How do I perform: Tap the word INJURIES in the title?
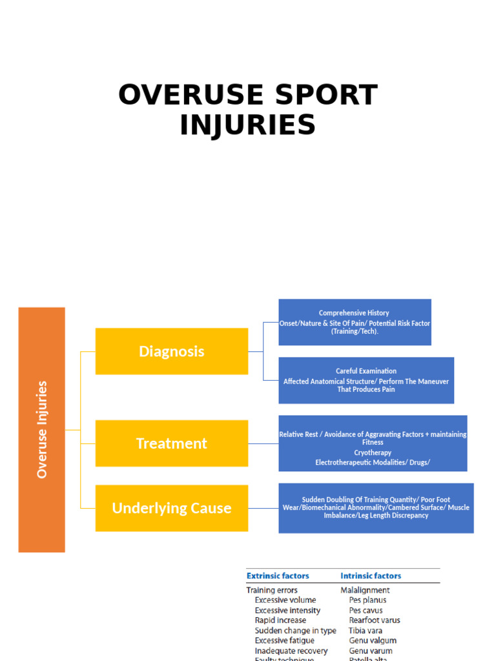(x=248, y=125)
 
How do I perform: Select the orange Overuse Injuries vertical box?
(x=42, y=429)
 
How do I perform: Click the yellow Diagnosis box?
(x=171, y=351)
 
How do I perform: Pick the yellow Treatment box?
(x=171, y=443)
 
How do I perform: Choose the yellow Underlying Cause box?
(x=171, y=508)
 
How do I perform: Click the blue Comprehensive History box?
(x=355, y=322)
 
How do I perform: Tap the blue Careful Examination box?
(x=366, y=380)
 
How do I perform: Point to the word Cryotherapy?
(x=373, y=453)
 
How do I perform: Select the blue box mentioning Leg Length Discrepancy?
(x=376, y=508)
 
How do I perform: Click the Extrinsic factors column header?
(x=278, y=576)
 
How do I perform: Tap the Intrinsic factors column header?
(x=371, y=576)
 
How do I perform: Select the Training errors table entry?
(x=272, y=590)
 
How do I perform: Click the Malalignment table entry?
(x=365, y=590)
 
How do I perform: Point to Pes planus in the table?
(x=367, y=600)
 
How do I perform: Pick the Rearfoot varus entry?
(x=375, y=620)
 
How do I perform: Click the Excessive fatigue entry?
(x=284, y=640)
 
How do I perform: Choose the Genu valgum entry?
(x=373, y=640)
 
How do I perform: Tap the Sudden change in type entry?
(x=295, y=631)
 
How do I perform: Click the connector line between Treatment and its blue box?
(x=263, y=443)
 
